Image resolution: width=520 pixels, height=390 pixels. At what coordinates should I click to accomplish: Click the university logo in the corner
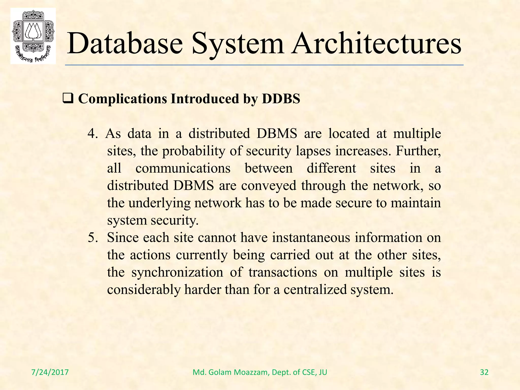[33, 36]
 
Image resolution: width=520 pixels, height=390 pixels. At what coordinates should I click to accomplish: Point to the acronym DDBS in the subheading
[281, 99]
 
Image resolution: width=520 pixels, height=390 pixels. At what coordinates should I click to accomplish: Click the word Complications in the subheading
[123, 99]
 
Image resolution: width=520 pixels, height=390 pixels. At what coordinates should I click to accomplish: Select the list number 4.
[92, 134]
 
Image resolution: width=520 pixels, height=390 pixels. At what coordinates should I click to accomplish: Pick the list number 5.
[92, 238]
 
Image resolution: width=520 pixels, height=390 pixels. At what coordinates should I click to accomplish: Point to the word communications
[183, 168]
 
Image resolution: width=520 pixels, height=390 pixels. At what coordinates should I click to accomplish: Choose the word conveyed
[269, 186]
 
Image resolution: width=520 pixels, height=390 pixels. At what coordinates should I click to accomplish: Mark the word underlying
[159, 203]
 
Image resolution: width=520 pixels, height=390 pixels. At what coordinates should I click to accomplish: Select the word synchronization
[177, 272]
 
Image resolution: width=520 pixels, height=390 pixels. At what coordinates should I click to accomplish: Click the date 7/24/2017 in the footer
[50, 372]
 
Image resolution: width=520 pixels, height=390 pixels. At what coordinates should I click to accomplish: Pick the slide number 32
[484, 372]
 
